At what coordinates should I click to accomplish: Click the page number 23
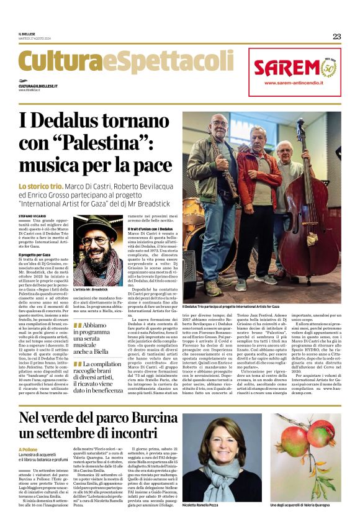(x=336, y=37)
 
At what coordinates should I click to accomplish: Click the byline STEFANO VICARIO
(x=32, y=215)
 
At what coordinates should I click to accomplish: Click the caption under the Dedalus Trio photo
(x=231, y=306)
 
